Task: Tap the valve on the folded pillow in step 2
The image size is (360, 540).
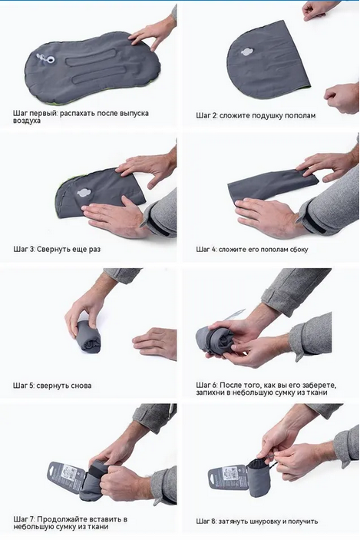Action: (x=246, y=52)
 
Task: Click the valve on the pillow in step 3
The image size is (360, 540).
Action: (x=84, y=193)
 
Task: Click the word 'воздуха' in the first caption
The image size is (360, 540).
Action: (x=27, y=121)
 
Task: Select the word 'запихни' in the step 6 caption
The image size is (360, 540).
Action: (x=210, y=393)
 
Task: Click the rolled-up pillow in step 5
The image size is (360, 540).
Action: (x=89, y=336)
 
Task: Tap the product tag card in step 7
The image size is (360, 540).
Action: (x=67, y=479)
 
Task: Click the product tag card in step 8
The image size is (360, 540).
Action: (x=227, y=478)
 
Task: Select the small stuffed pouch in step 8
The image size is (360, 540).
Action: (x=259, y=477)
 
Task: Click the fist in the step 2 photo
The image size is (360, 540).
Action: (x=342, y=98)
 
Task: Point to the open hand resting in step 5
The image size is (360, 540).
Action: (x=154, y=343)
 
